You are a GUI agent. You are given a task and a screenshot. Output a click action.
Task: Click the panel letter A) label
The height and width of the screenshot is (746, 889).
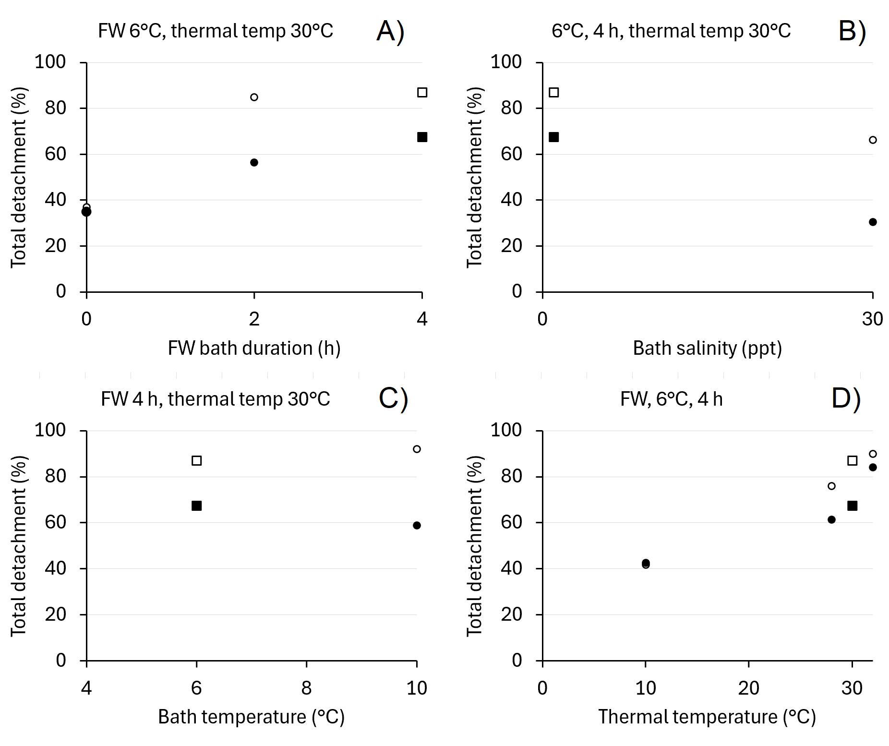[390, 32]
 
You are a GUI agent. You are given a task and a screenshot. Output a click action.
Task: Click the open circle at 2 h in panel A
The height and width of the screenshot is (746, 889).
[254, 97]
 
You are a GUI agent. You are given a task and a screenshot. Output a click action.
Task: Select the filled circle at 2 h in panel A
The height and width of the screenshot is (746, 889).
[254, 163]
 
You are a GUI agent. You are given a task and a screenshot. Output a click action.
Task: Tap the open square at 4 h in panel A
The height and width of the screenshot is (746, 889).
[422, 93]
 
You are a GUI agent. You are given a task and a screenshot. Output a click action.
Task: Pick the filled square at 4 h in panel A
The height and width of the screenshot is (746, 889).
[422, 137]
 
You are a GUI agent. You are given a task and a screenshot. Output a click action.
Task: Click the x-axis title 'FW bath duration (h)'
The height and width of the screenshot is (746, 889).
[254, 348]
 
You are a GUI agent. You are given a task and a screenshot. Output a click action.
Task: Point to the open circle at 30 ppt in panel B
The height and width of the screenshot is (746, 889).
[873, 140]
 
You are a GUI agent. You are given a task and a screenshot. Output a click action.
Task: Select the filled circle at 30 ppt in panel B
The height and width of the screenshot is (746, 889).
[873, 222]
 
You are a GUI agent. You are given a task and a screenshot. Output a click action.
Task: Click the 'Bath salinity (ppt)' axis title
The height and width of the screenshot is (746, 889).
[707, 348]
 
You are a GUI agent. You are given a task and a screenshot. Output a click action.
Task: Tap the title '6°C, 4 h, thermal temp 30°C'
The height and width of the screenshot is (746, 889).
[671, 31]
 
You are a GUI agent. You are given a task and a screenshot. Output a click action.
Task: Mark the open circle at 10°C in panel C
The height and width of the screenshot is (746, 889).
[417, 449]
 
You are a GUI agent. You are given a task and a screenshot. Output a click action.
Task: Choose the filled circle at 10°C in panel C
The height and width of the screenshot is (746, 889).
[417, 526]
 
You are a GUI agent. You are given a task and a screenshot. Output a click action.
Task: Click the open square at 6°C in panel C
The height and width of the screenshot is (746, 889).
[196, 461]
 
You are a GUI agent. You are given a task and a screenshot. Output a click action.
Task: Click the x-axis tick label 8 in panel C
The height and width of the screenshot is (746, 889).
[306, 688]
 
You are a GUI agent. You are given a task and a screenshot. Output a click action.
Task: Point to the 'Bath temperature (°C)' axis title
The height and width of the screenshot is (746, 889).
[251, 717]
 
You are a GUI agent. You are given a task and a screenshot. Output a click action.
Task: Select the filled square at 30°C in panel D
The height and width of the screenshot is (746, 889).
[852, 506]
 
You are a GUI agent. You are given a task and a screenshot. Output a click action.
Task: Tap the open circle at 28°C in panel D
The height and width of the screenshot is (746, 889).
[831, 486]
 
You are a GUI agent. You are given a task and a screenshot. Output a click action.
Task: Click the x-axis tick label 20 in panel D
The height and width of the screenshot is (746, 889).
[748, 688]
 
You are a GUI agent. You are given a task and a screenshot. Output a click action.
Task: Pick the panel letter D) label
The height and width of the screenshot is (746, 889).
[846, 399]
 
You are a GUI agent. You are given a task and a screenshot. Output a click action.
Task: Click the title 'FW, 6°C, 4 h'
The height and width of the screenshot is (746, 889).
[671, 399]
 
